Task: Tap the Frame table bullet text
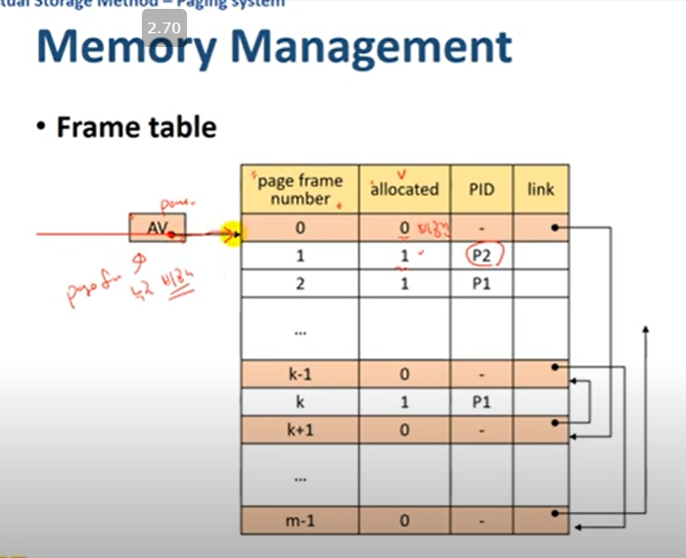tap(136, 126)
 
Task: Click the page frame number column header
tap(299, 189)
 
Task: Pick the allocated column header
tap(404, 189)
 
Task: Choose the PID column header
tap(481, 189)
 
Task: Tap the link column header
tap(540, 189)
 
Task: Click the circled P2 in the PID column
tap(481, 257)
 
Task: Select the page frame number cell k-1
tap(299, 374)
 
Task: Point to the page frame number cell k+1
tap(299, 430)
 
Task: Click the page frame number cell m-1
tap(299, 521)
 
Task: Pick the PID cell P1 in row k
tap(481, 402)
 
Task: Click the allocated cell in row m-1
tap(404, 521)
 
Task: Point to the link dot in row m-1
tap(555, 512)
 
